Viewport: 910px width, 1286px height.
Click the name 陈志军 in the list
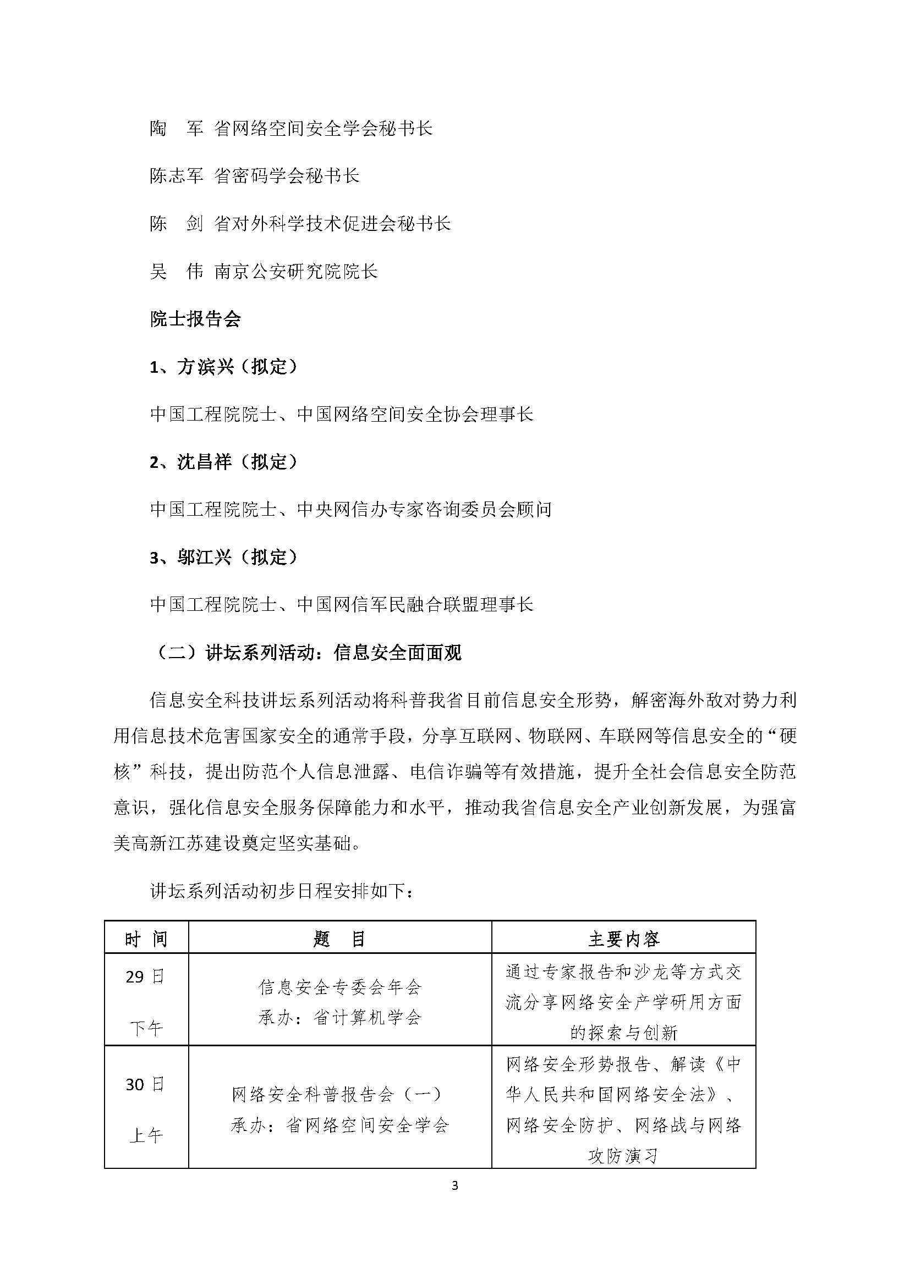[x=176, y=176]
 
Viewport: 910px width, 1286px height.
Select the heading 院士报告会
[x=195, y=319]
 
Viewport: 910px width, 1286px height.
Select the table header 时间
[x=146, y=939]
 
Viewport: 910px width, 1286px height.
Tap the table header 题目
[x=339, y=939]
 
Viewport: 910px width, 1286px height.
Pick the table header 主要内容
[x=624, y=939]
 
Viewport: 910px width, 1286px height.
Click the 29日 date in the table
[x=146, y=978]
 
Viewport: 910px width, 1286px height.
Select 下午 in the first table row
[x=146, y=1028]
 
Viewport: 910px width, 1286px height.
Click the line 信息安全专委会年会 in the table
[x=339, y=987]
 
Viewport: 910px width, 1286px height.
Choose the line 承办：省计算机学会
[x=339, y=1018]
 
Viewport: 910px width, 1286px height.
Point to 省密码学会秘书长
[x=287, y=176]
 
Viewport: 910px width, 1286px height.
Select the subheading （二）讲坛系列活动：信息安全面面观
[x=306, y=653]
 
